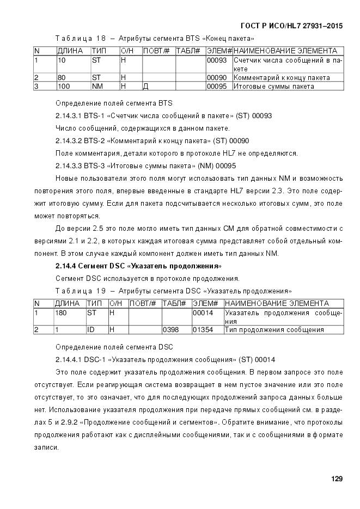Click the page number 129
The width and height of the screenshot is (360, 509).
[337, 479]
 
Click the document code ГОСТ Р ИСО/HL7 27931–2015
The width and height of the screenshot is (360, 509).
[291, 26]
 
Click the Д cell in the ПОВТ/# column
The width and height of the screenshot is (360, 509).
[145, 86]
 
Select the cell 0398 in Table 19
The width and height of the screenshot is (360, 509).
[169, 329]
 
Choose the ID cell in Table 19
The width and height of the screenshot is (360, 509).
[91, 329]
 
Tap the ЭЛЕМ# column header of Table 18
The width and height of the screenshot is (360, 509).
[219, 51]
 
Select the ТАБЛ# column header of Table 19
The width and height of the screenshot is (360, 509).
[174, 303]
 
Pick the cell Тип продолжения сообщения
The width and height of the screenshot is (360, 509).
[274, 329]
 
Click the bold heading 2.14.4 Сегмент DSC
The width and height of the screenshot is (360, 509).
[138, 266]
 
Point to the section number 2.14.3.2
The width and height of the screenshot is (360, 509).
[69, 141]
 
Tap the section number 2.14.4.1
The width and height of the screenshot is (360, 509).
[69, 360]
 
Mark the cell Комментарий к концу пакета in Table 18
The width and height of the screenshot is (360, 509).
[282, 77]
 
